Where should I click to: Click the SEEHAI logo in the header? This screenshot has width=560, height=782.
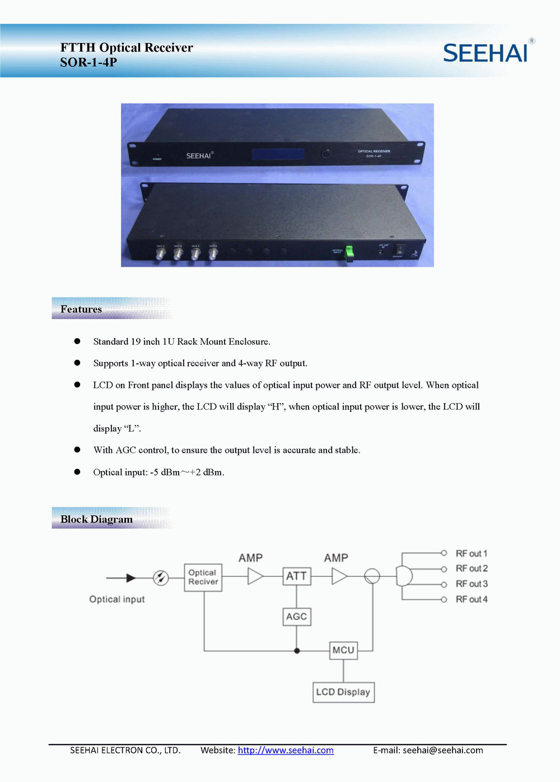486,53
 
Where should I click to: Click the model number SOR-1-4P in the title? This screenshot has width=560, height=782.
88,62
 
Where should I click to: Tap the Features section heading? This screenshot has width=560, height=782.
81,309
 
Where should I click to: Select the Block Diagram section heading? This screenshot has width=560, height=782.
96,519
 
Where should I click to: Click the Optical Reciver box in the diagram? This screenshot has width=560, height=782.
203,577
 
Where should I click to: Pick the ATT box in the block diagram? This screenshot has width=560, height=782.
296,576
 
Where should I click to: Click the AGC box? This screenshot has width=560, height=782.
296,617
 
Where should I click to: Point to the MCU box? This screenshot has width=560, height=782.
343,650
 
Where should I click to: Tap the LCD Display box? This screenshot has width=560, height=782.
343,692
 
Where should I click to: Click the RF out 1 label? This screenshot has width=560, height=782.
472,553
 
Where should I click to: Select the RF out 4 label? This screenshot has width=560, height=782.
472,599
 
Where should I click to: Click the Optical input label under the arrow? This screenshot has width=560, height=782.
117,599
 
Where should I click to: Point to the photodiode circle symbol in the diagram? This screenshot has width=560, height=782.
161,577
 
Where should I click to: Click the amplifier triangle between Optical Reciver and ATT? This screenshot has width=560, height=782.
255,576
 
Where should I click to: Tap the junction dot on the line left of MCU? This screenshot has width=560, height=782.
297,651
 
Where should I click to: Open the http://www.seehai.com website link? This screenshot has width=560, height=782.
286,750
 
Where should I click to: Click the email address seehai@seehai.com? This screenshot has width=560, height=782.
442,750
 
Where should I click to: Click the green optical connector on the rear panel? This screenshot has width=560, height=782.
349,253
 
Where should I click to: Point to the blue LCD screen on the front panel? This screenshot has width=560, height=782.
278,154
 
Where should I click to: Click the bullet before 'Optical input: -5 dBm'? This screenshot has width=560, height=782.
77,472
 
